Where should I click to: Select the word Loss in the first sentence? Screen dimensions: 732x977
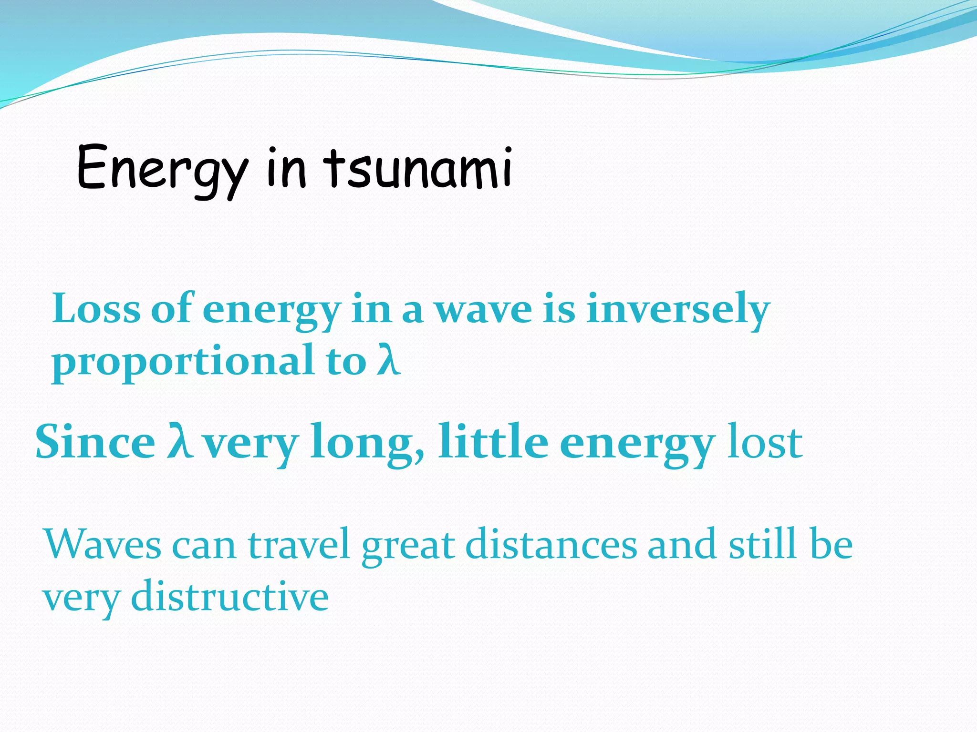coord(96,309)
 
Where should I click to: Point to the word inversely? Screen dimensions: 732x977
coord(678,309)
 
